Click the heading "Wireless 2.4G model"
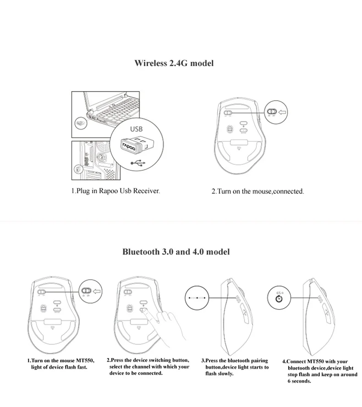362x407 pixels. click(x=174, y=63)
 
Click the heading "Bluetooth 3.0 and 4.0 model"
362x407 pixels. click(x=176, y=252)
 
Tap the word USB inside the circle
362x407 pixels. click(x=136, y=129)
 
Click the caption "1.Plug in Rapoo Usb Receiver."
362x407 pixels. click(x=115, y=191)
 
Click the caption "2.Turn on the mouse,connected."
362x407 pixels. click(x=258, y=191)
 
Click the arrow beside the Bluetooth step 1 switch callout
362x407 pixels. click(x=97, y=291)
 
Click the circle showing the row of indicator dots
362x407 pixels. click(x=198, y=298)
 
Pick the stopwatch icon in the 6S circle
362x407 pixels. click(x=279, y=299)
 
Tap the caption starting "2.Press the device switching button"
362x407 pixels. click(x=149, y=367)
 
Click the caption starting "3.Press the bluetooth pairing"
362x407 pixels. click(x=235, y=367)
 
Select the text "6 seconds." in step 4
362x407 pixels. click(x=299, y=381)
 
